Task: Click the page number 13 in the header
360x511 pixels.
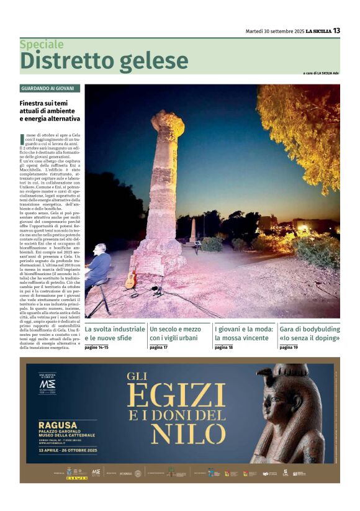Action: point(336,30)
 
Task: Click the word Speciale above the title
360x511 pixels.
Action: point(42,45)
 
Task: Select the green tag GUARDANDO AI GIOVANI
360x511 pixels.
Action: point(50,89)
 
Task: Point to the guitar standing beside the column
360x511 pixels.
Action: point(131,278)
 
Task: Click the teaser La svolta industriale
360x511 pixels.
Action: point(114,333)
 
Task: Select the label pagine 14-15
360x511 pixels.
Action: point(96,348)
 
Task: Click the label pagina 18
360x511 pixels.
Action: point(223,348)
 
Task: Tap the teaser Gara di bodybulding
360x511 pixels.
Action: point(310,333)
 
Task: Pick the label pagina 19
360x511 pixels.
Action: point(289,348)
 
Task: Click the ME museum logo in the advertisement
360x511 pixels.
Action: point(47,383)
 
